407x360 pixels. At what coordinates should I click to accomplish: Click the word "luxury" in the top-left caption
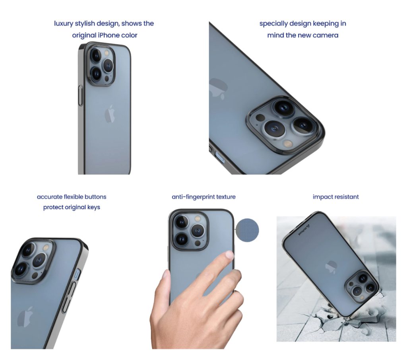(x=64, y=23)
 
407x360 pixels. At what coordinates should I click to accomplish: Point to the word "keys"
(x=92, y=207)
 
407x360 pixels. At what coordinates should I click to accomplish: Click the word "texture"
(x=224, y=197)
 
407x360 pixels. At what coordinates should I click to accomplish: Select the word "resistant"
(x=347, y=197)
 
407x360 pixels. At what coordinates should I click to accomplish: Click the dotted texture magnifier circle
(x=247, y=230)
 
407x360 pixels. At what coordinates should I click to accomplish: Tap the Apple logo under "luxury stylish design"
(x=110, y=114)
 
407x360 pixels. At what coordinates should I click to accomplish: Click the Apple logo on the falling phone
(x=330, y=267)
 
